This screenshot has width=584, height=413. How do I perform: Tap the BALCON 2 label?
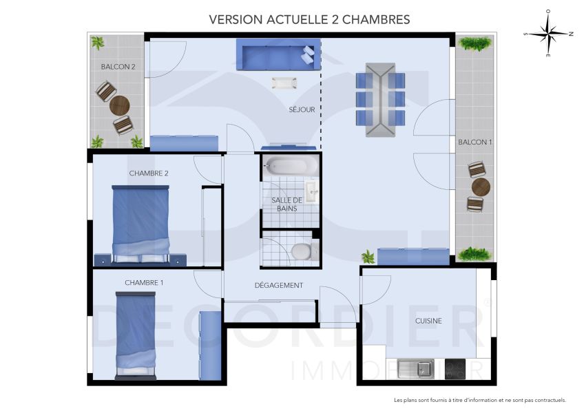pos(118,67)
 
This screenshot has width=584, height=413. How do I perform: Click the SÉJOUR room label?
pos(302,109)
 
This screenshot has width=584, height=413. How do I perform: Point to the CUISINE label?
pos(428,321)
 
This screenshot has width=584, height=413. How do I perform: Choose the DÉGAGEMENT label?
pos(279,286)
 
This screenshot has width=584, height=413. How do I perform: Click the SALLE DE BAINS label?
pos(286,204)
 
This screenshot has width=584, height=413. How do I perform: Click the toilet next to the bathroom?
pos(301,251)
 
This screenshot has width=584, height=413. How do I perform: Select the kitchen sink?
pos(415,368)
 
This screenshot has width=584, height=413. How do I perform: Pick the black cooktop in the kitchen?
pos(455,368)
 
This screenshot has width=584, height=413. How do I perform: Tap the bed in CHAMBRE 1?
pos(135,334)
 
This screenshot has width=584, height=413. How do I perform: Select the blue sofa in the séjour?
pos(278,54)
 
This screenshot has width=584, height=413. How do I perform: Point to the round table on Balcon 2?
pos(120,106)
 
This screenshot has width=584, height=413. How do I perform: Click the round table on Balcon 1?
pos(480,187)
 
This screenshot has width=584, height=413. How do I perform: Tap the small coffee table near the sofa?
pos(284,83)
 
